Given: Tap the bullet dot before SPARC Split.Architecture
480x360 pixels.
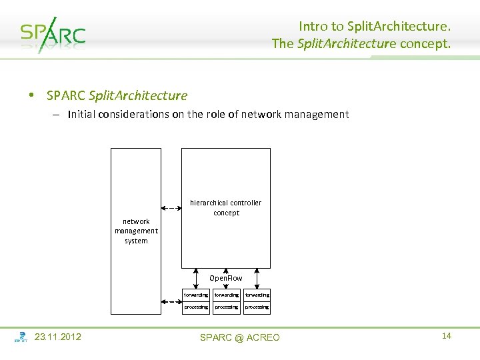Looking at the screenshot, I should click(31, 95).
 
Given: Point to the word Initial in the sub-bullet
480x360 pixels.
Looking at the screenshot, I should click(81, 114).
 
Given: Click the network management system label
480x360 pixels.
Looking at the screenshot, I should click(136, 231).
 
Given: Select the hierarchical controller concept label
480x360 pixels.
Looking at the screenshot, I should click(226, 207).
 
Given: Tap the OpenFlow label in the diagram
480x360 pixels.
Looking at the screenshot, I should click(226, 277).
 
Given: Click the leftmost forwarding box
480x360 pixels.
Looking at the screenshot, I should click(196, 294).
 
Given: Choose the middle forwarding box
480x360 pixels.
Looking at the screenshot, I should click(226, 294).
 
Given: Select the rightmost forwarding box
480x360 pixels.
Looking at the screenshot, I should click(257, 294).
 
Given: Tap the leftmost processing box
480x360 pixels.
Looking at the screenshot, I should click(196, 307).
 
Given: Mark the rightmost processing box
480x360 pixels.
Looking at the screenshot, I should click(257, 307).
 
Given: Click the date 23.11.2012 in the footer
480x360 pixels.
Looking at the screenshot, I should click(58, 337).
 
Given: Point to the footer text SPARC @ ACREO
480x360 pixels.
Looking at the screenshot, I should click(240, 337).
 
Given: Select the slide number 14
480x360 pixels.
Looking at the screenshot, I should click(446, 335).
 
